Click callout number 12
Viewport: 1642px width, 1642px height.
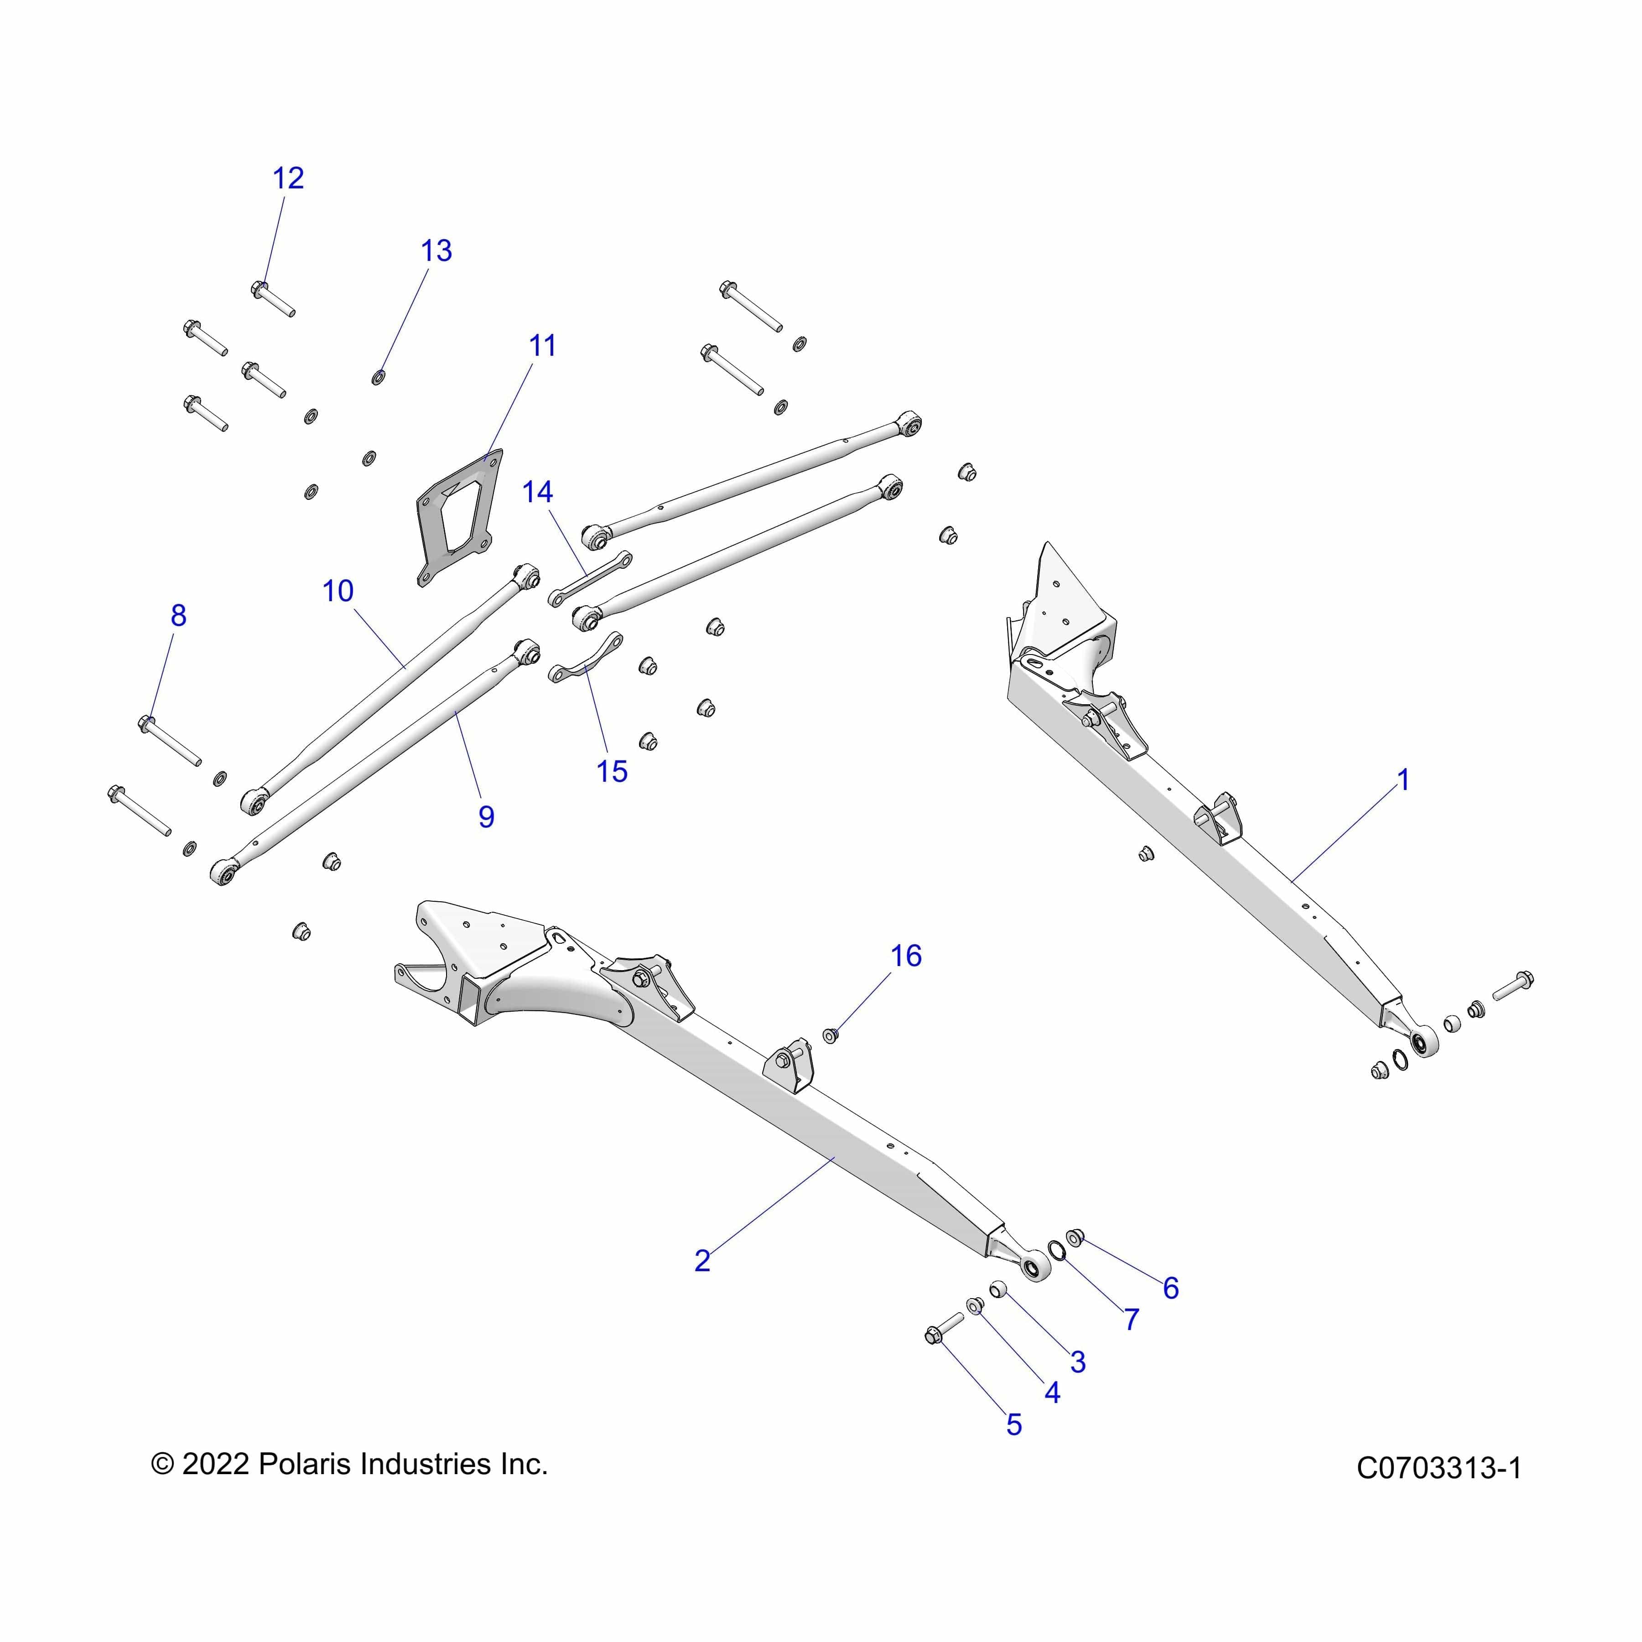[x=288, y=178]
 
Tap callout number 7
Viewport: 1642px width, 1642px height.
[x=1131, y=1320]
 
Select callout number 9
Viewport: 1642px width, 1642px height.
[x=486, y=817]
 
